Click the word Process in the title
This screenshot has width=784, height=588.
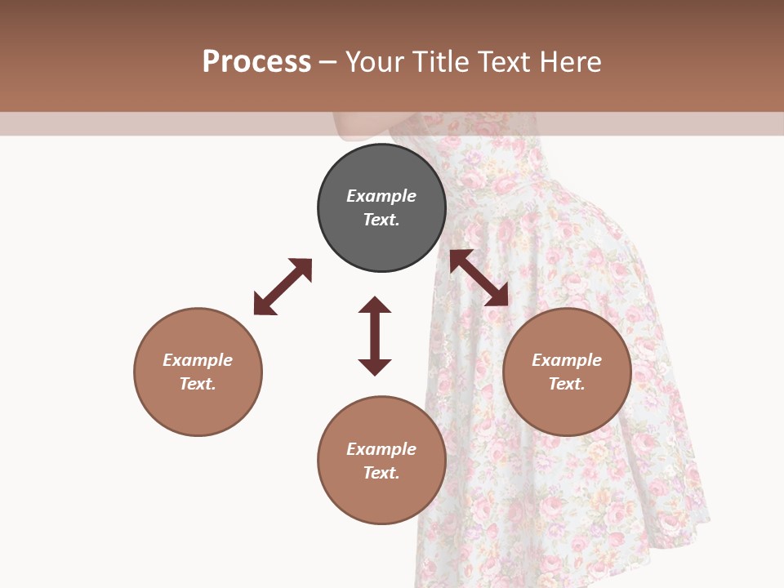pyautogui.click(x=256, y=62)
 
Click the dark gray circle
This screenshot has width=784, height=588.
pyautogui.click(x=381, y=207)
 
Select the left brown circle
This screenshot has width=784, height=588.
pyautogui.click(x=198, y=372)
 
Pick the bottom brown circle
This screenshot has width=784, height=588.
pyautogui.click(x=381, y=461)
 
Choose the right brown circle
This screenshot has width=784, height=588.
pyautogui.click(x=567, y=372)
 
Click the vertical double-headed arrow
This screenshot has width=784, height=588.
pyautogui.click(x=375, y=336)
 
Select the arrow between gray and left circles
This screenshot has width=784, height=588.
pyautogui.click(x=283, y=287)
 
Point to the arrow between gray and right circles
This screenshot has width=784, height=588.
pyautogui.click(x=479, y=278)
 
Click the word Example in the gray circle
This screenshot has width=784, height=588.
pyautogui.click(x=381, y=196)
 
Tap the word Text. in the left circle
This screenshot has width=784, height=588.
pyautogui.click(x=198, y=384)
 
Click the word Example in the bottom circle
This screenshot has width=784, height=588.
pyautogui.click(x=381, y=449)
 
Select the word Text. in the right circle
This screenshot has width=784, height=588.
pyautogui.click(x=567, y=384)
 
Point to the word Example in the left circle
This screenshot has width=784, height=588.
pyautogui.click(x=198, y=360)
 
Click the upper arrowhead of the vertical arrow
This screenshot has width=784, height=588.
pyautogui.click(x=375, y=305)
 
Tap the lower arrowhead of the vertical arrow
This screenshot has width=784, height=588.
pyautogui.click(x=375, y=367)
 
